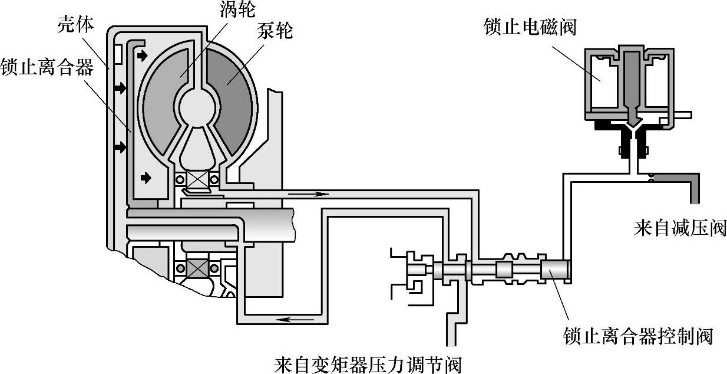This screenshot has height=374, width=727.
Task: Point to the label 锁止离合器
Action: (47, 67)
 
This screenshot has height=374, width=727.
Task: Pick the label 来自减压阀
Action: (679, 228)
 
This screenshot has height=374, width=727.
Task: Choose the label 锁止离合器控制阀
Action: (637, 336)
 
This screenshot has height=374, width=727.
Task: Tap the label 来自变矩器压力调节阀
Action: (368, 363)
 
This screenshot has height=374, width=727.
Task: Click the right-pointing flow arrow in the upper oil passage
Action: (314, 193)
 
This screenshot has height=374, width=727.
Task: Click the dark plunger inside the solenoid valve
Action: (632, 83)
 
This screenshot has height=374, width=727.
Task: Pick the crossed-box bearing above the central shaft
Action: (199, 178)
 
